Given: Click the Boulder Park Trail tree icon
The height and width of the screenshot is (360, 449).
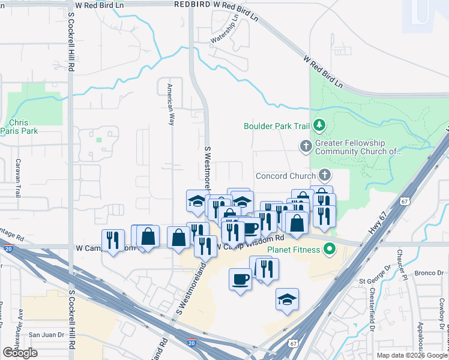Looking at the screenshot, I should [x=320, y=125].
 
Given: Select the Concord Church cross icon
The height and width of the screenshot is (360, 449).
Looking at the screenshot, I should [x=325, y=175].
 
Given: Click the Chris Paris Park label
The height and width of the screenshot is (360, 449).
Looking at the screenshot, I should [x=19, y=126].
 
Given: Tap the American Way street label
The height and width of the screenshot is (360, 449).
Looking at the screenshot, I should [x=170, y=103].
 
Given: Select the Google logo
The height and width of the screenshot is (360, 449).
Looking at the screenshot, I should [x=20, y=353].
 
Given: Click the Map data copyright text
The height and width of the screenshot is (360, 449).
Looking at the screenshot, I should [x=411, y=355].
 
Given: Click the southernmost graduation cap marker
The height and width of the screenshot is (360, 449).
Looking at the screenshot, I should [x=287, y=299].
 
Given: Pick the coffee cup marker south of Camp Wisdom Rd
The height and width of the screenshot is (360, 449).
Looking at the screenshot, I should [x=241, y=279].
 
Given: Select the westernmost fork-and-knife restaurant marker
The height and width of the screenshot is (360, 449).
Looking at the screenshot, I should [x=112, y=241].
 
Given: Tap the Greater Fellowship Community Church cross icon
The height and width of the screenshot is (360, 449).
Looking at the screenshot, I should [x=306, y=146].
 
